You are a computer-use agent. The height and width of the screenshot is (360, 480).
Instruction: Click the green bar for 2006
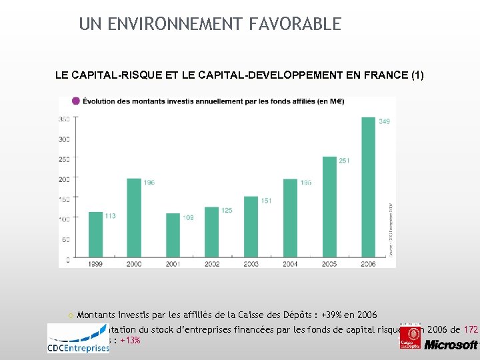pos(368,188)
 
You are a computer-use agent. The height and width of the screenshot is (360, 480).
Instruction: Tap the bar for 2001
pos(173,236)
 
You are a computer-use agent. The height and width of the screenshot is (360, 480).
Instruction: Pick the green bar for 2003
pos(251,227)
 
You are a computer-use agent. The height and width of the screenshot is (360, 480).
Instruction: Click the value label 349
pos(385,121)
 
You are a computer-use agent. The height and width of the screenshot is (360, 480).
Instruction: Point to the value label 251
pos(345,160)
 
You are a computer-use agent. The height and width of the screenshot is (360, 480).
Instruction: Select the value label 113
pos(111,215)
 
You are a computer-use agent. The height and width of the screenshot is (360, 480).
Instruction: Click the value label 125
pos(227,211)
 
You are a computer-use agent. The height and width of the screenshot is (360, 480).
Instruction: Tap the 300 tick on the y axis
pos(63,139)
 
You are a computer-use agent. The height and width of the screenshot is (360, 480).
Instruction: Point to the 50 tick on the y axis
pos(65,239)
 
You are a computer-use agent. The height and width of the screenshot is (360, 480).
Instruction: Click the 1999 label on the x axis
pos(95,265)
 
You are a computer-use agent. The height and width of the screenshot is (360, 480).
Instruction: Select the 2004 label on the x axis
pos(290,265)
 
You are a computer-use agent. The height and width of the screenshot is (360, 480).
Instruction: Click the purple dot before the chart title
pos(75,101)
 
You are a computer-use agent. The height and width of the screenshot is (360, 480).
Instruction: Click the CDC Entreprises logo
pos(78,339)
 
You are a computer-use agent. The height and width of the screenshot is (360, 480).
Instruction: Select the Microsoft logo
pos(451,345)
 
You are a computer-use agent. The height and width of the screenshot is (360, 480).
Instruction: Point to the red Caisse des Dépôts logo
pos(409,335)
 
